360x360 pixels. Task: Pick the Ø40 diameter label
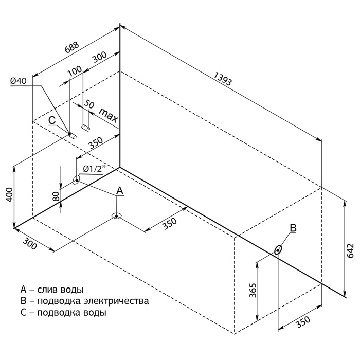18,81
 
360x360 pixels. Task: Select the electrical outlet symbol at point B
278,250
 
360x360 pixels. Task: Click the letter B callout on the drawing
293,227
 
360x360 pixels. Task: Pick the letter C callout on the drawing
52,120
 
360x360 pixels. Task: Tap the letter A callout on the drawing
119,191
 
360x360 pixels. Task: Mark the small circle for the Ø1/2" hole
77,181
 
